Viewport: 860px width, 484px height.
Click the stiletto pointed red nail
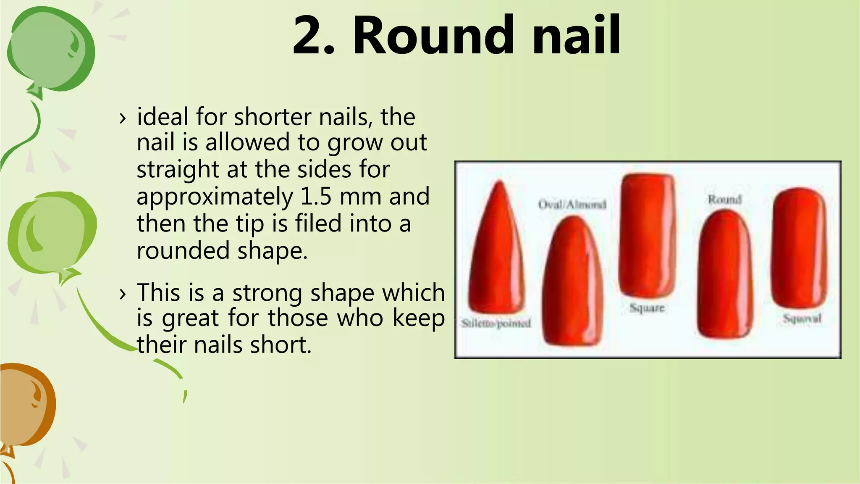(x=498, y=252)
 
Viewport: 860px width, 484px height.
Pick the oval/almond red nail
(x=573, y=281)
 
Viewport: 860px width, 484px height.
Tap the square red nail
(x=647, y=235)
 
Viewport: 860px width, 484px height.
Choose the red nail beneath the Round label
(x=725, y=275)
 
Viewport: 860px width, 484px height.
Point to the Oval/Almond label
(x=572, y=205)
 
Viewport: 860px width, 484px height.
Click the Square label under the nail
(x=647, y=308)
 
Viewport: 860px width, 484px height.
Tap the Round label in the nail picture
(x=725, y=199)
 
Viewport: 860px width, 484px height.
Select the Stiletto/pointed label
(x=496, y=323)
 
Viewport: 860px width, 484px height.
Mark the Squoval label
(x=802, y=318)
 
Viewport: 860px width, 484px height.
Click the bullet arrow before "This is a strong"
(x=122, y=294)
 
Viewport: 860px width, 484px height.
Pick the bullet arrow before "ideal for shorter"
(x=122, y=118)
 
